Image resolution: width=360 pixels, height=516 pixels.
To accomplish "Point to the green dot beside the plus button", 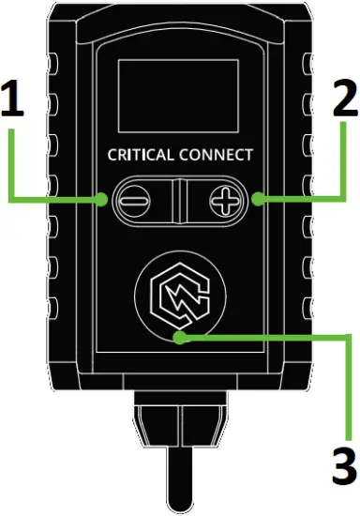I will (256, 200).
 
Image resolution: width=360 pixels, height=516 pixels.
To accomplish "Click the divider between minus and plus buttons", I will (178, 200).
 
